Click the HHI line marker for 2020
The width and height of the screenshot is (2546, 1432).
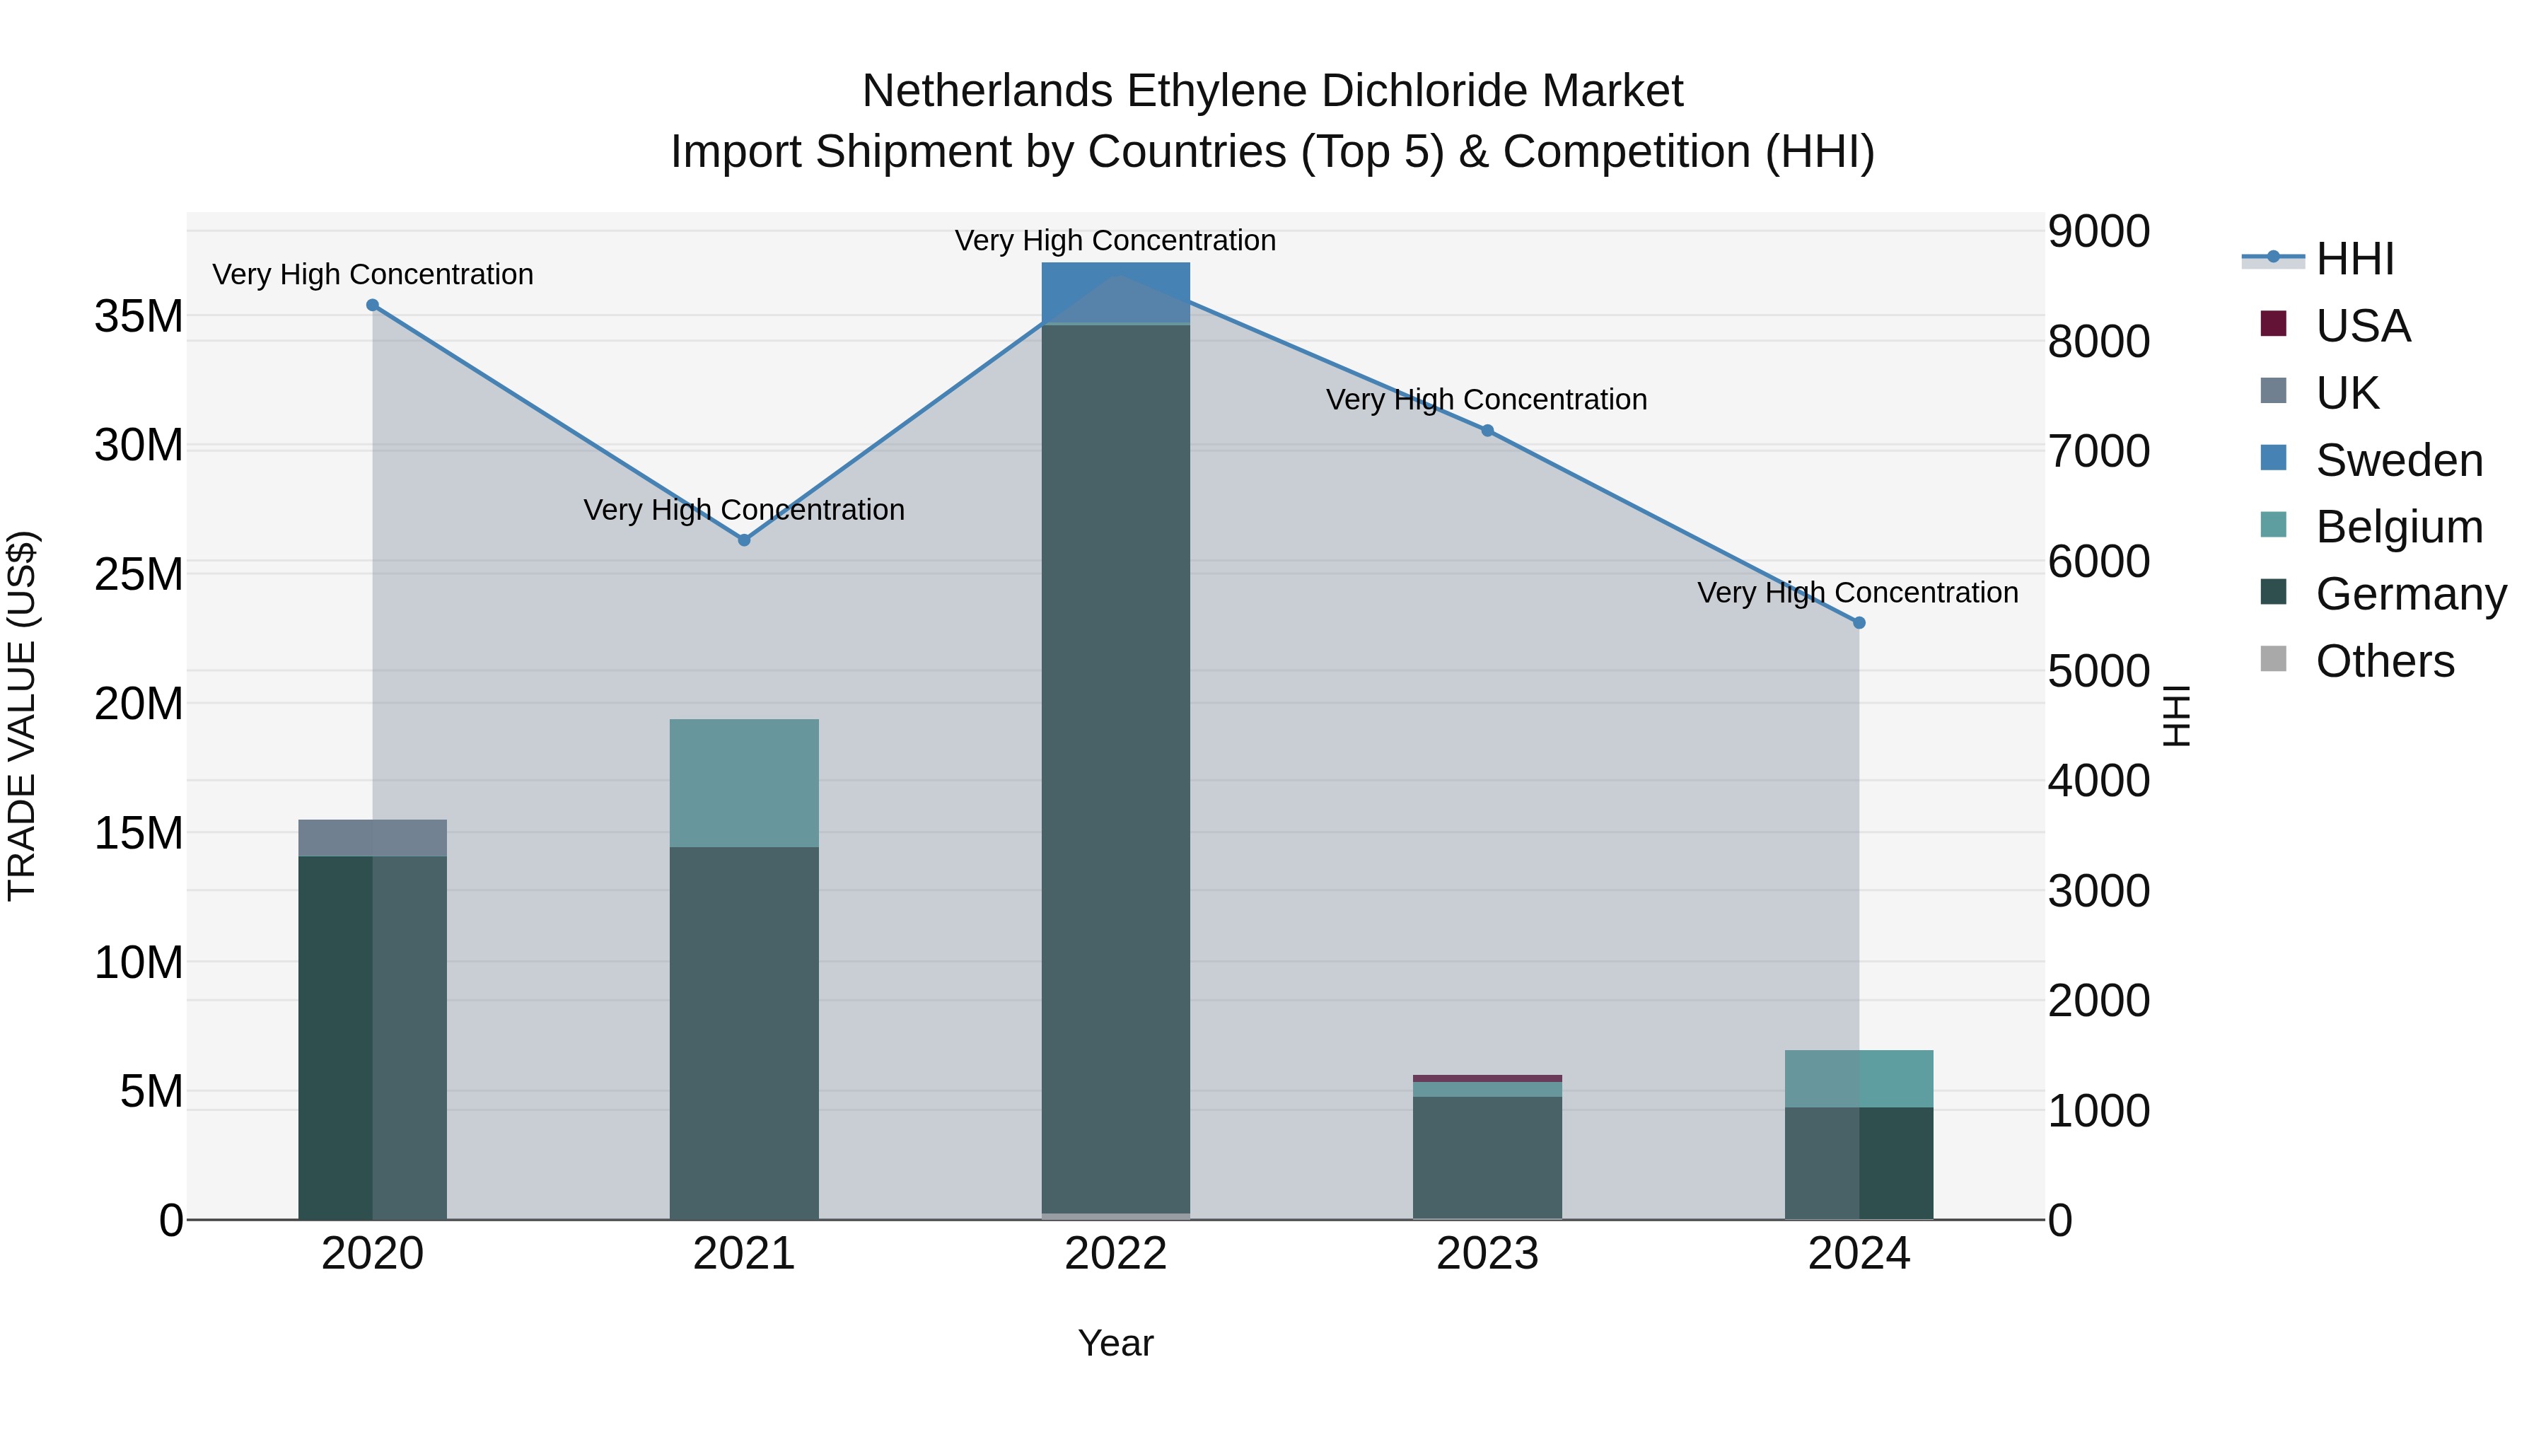pyautogui.click(x=373, y=305)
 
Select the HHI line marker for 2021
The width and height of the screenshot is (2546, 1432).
pyautogui.click(x=744, y=540)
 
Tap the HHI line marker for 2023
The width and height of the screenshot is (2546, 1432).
pyautogui.click(x=1487, y=431)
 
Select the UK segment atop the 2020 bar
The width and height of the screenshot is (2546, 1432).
pyautogui.click(x=373, y=838)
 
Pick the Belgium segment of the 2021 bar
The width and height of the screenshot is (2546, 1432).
pyautogui.click(x=744, y=783)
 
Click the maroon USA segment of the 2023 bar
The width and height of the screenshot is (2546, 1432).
pyautogui.click(x=1487, y=1078)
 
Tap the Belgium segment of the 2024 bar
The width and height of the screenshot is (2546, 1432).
pyautogui.click(x=1859, y=1078)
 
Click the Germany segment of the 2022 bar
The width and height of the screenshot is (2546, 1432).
pyautogui.click(x=1116, y=771)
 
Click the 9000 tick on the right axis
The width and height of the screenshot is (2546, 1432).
pyautogui.click(x=2098, y=231)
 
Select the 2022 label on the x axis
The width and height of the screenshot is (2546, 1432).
pyautogui.click(x=1116, y=1254)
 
